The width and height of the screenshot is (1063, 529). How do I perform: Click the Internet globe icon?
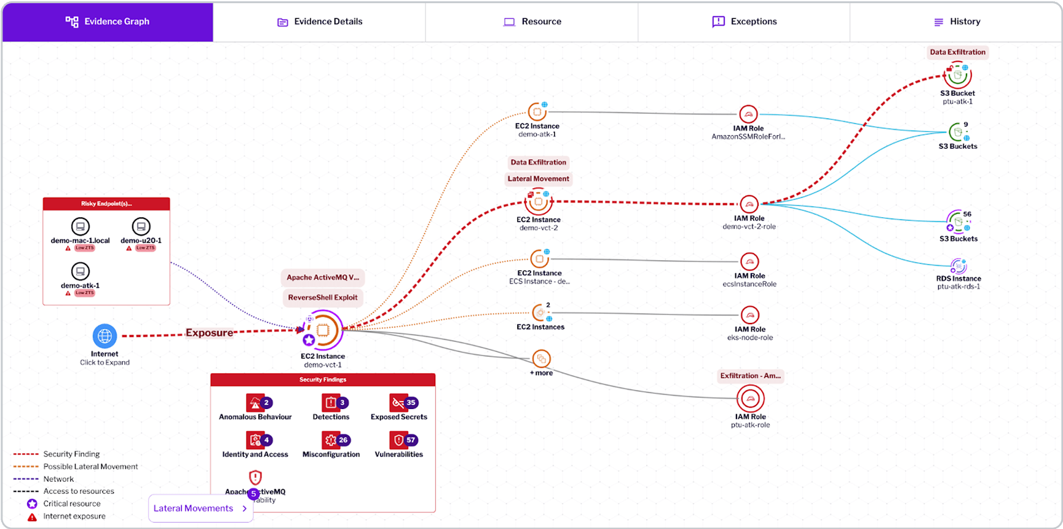pos(105,336)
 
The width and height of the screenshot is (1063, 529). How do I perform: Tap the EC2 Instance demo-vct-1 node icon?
pos(323,330)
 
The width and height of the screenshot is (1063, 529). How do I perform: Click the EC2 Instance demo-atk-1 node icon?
pos(537,112)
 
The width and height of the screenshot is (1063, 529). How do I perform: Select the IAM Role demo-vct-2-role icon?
pos(749,204)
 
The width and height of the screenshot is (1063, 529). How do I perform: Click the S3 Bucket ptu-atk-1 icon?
pos(957,76)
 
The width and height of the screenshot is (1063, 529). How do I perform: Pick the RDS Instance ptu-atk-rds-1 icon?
pos(958,266)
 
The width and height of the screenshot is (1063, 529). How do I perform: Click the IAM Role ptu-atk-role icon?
pos(750,399)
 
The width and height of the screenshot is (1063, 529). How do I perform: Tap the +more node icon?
pos(541,359)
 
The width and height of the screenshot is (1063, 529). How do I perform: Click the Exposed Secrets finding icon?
pos(398,403)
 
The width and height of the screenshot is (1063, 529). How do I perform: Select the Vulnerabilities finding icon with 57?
pos(398,440)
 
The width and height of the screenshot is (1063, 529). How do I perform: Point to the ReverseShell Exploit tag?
pos(323,298)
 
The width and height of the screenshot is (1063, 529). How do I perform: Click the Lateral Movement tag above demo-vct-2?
pos(538,179)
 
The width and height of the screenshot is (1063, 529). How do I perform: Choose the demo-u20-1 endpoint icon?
pos(141,226)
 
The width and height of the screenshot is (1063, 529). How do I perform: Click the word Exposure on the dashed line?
pos(209,333)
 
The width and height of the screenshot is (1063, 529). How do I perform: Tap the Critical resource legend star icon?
pos(32,504)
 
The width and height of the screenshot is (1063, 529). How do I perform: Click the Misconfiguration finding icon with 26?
pos(330,440)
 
